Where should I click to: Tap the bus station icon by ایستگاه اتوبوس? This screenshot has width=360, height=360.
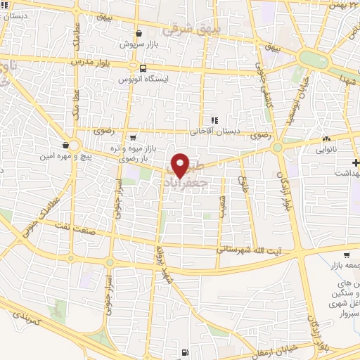[143, 69]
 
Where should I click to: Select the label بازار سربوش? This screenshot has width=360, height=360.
[137, 44]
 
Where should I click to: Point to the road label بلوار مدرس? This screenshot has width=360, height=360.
[90, 62]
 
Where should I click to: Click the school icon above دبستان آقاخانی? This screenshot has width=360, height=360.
[214, 120]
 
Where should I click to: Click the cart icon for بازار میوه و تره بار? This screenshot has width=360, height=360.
[133, 138]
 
